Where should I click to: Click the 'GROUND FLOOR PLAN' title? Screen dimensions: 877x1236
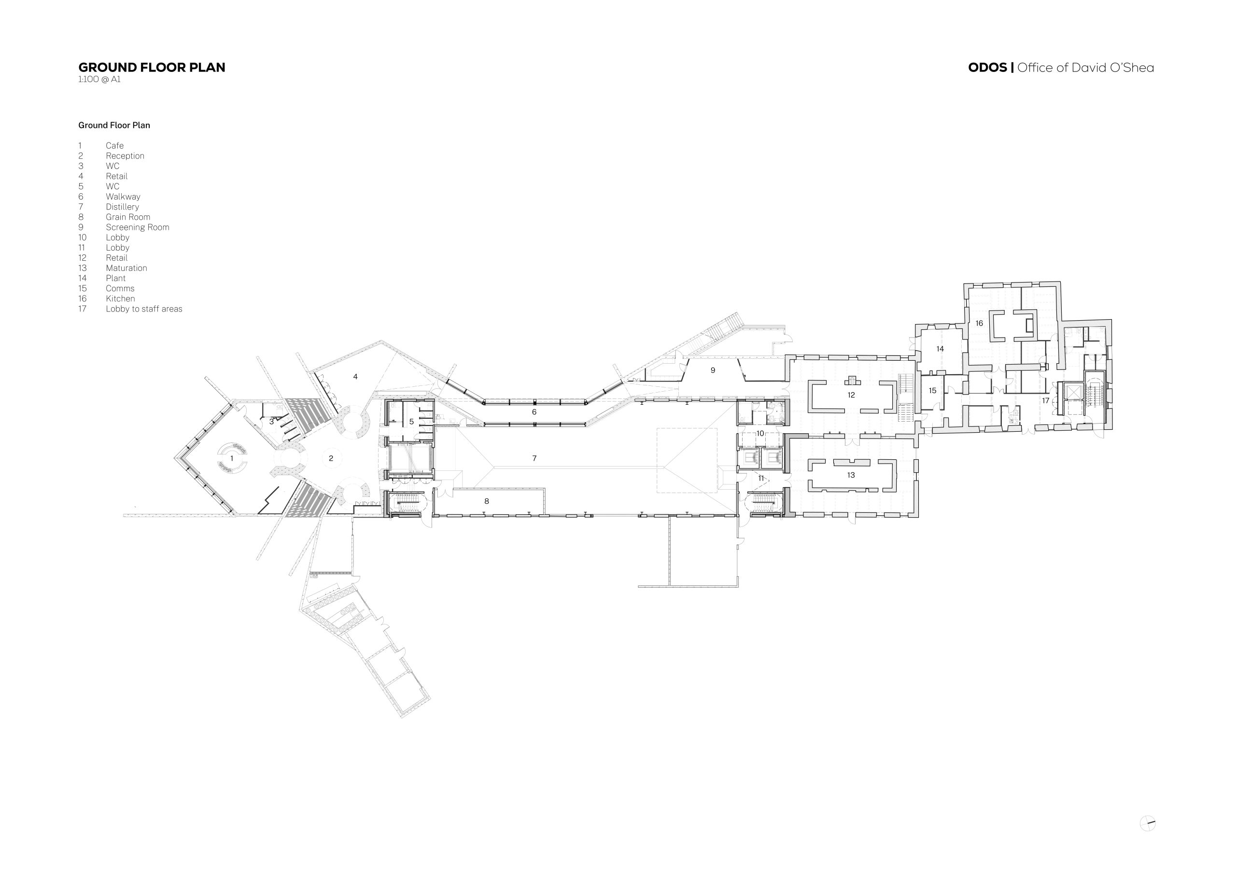(x=152, y=68)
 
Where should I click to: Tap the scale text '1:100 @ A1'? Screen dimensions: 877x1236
(x=99, y=79)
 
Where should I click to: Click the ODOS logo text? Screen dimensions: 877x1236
(x=987, y=68)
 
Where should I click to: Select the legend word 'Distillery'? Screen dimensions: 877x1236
(x=123, y=207)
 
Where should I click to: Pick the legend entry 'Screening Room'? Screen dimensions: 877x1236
(x=137, y=227)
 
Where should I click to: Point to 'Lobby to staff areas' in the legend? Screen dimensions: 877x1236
(x=143, y=309)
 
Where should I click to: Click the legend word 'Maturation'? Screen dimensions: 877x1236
(x=126, y=268)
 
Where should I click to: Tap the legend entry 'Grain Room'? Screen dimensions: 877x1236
(x=128, y=217)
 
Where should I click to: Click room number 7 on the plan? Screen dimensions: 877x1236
(x=534, y=458)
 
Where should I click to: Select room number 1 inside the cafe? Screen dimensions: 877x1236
(x=232, y=458)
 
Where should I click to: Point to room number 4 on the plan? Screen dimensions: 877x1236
(x=355, y=376)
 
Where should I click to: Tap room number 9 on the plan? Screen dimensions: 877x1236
(x=713, y=370)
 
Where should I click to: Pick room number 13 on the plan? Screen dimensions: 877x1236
(x=851, y=475)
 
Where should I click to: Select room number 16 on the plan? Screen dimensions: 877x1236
(x=979, y=324)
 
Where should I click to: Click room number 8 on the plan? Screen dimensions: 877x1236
(x=486, y=502)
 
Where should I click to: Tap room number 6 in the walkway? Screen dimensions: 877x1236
(x=534, y=412)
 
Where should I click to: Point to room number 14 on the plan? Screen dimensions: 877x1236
(x=940, y=349)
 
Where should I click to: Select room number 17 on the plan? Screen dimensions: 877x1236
(x=1045, y=401)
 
